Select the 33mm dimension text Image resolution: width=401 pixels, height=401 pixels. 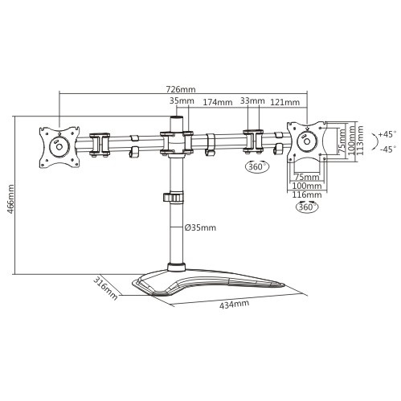click(x=252, y=102)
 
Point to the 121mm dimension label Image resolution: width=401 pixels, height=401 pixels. click(x=284, y=103)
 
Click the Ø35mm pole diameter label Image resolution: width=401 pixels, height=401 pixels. click(x=200, y=228)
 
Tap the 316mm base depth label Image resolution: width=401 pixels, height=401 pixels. click(x=105, y=287)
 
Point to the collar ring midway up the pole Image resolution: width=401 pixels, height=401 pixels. click(x=175, y=197)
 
